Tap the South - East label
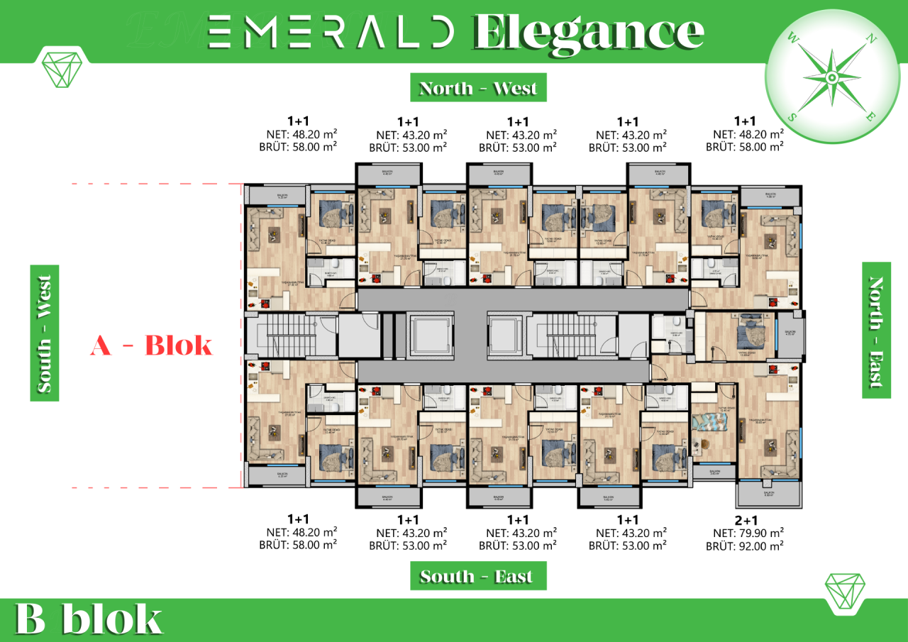point(478,576)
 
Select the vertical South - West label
point(44,333)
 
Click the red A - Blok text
point(151,346)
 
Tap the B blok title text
point(89,619)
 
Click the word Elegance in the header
point(588,31)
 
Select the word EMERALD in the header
point(331,31)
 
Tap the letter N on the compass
point(868,39)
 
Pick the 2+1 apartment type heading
point(744,519)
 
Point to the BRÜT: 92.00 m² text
point(744,546)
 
